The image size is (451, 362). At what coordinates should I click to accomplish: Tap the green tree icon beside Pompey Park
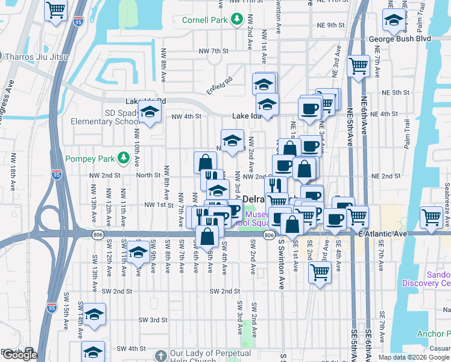pos(124,157)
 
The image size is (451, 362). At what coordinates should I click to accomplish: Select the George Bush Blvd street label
pos(415,38)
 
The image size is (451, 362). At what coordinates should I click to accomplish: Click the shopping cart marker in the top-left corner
pos(55,10)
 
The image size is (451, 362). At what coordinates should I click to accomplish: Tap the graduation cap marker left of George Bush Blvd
pos(393,22)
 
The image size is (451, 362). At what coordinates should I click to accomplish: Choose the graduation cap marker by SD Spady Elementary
pos(149,112)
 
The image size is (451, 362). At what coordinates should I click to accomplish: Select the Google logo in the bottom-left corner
pos(19,355)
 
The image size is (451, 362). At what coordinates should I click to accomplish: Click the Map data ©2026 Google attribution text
pos(415,357)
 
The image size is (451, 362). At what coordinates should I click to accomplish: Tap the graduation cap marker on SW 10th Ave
pos(138,253)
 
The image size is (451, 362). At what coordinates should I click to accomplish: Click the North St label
pos(147,176)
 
